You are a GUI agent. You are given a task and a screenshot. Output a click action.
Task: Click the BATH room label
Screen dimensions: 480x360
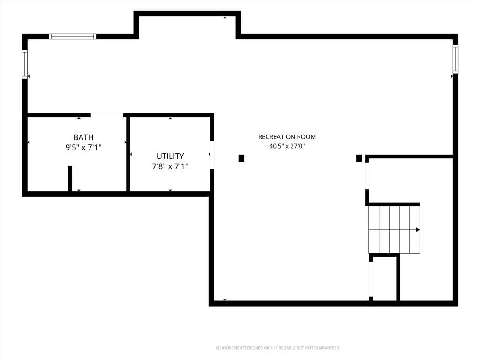coord(83,137)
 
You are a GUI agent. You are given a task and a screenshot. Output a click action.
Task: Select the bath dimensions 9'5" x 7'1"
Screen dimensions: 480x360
coord(83,148)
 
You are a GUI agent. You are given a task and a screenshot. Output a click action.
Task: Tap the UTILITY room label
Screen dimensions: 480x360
coord(170,156)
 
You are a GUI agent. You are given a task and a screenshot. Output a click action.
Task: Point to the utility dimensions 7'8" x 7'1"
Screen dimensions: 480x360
coord(170,166)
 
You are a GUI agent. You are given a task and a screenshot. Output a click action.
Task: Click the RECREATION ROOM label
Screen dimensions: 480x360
coord(287,137)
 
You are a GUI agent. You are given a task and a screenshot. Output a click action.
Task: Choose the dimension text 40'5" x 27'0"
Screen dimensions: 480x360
coord(287,146)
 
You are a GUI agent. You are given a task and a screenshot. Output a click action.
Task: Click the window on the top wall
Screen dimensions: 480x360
coord(73,37)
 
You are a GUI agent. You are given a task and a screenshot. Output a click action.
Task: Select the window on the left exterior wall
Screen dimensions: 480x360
coord(25,64)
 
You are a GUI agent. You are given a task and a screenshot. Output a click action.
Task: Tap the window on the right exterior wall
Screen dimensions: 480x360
coord(456,59)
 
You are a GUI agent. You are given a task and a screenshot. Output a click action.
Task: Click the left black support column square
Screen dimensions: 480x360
coord(241,158)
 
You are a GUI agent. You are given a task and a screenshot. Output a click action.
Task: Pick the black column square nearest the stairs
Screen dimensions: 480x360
coord(359,158)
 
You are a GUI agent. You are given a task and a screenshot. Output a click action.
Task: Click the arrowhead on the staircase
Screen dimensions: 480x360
coord(418,230)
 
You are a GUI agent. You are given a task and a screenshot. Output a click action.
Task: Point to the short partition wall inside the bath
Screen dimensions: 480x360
coord(70,179)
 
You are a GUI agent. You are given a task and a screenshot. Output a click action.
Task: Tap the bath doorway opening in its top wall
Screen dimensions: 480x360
coord(107,115)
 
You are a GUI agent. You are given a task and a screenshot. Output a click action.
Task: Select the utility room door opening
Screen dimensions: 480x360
coord(212,155)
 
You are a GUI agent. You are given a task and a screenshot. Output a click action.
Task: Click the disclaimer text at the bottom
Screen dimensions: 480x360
coord(278,348)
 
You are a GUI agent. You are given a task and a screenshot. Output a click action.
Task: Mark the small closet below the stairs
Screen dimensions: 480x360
coord(384,278)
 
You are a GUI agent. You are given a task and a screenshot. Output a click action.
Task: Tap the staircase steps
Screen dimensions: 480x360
coord(394,230)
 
